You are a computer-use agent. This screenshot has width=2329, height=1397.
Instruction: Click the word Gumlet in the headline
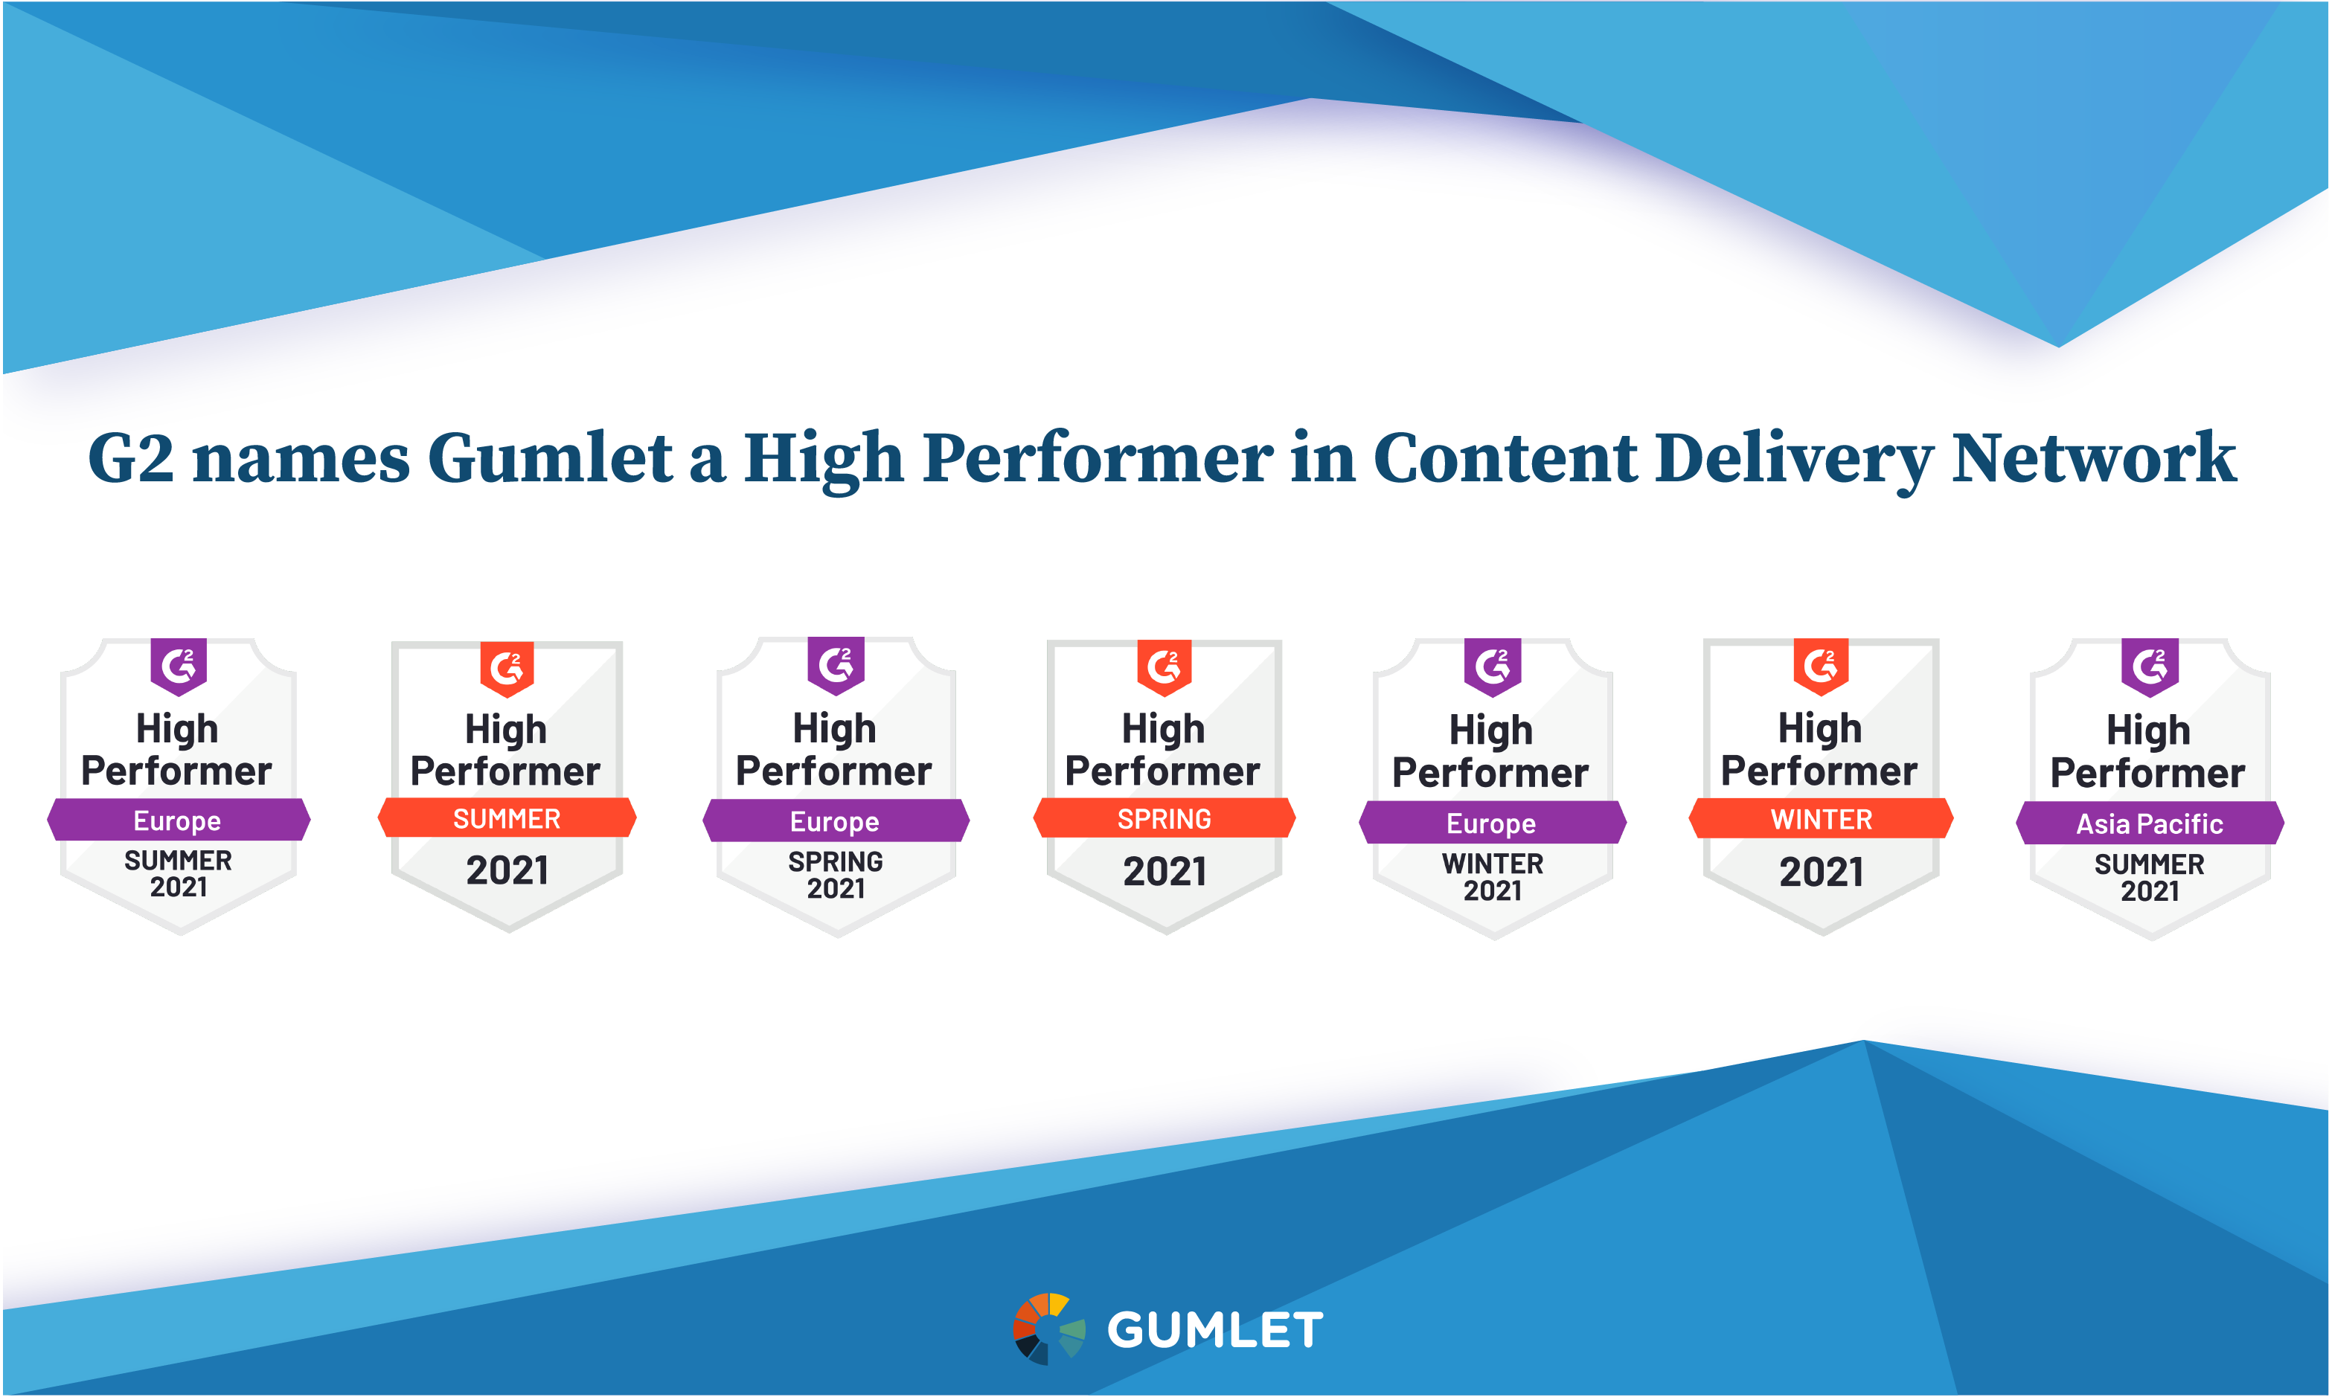click(x=550, y=458)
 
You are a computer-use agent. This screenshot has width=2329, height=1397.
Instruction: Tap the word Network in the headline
click(x=2094, y=458)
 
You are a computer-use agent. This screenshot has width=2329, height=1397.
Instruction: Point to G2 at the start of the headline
click(x=131, y=458)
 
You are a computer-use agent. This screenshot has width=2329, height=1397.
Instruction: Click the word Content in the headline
click(x=1505, y=458)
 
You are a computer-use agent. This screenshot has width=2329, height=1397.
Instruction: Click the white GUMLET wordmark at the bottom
click(x=1214, y=1330)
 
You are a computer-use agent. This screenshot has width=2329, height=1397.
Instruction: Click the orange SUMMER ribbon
click(x=507, y=818)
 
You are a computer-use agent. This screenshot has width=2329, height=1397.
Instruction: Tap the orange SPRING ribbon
click(x=1164, y=818)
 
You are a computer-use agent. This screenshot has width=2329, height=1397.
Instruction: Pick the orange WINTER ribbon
click(x=1821, y=818)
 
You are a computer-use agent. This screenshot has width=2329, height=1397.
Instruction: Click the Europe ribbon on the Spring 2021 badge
click(x=835, y=821)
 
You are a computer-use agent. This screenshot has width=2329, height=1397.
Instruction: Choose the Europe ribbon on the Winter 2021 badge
click(x=1491, y=823)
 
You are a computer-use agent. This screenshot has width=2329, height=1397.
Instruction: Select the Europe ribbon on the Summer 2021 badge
click(x=178, y=820)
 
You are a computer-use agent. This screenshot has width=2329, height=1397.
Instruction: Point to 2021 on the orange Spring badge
click(x=1164, y=872)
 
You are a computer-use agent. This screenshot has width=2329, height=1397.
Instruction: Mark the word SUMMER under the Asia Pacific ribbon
click(x=2149, y=864)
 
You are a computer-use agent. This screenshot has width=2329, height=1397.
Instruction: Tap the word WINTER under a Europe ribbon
click(x=1492, y=863)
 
